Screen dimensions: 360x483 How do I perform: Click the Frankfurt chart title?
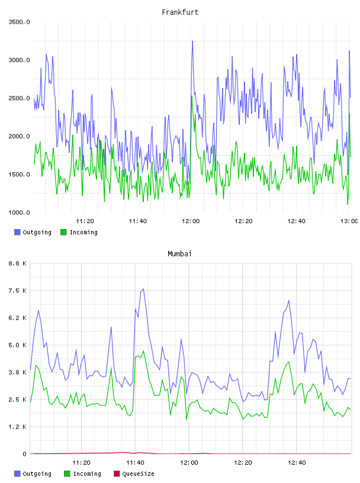[180, 12]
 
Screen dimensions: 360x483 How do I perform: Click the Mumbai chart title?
[179, 254]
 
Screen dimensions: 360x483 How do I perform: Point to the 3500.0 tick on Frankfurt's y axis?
[19, 22]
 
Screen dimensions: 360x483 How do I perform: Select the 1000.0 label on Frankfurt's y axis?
[19, 212]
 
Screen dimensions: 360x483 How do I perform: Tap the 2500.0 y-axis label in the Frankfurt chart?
[19, 98]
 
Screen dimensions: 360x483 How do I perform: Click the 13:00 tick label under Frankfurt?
[349, 221]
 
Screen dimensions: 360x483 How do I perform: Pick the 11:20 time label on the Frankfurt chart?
[85, 221]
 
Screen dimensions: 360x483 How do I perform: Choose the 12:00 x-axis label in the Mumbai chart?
[189, 463]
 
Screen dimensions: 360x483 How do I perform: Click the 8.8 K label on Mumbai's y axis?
[18, 263]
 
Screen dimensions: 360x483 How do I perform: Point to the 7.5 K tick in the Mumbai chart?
[18, 291]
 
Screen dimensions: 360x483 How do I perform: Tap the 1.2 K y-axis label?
[18, 427]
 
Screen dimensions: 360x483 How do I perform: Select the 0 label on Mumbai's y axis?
[25, 454]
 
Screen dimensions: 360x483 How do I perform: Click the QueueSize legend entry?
[134, 474]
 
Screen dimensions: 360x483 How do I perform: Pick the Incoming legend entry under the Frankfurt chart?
[79, 232]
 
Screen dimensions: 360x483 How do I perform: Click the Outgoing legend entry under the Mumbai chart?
[33, 474]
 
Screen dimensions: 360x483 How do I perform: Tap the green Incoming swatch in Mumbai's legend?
[67, 474]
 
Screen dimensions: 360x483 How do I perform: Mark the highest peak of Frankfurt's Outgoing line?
[192, 41]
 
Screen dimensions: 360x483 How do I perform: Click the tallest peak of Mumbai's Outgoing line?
[143, 289]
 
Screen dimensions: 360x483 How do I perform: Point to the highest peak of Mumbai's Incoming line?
[143, 351]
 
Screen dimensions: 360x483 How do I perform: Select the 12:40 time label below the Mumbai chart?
[297, 463]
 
